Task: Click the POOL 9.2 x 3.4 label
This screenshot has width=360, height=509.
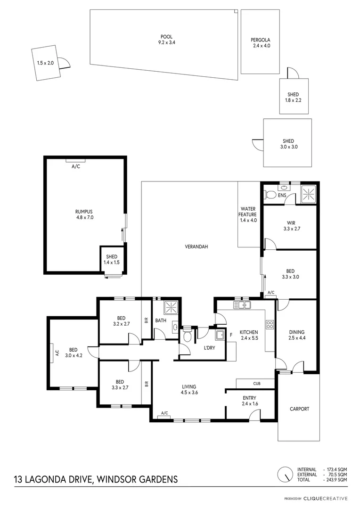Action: pos(166,39)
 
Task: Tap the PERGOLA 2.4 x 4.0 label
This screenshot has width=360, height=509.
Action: pos(260,43)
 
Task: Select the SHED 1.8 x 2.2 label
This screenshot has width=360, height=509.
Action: pos(294,97)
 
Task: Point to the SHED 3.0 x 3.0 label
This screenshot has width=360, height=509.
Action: pos(288,144)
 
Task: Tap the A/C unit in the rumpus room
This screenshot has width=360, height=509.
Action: pos(75,161)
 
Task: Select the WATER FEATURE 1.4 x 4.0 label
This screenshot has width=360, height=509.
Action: pos(248,214)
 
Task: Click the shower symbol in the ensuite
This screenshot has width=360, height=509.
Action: pos(308,193)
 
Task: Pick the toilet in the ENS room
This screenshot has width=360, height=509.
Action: pos(271,194)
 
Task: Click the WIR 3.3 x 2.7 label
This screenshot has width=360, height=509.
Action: pos(290,226)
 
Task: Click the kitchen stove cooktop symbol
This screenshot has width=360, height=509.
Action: pos(270,324)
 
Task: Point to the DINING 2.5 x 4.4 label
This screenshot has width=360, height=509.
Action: pos(297,335)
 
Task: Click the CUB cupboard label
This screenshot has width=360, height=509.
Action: pos(256,384)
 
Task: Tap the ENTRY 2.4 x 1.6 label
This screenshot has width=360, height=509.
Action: pos(249,401)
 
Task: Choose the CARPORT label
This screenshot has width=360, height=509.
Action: pos(299,409)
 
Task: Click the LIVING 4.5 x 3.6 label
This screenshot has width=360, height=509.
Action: pos(189,390)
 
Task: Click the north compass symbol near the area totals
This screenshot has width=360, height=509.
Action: pos(284,474)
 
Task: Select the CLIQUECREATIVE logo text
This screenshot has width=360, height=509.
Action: pos(325,498)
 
